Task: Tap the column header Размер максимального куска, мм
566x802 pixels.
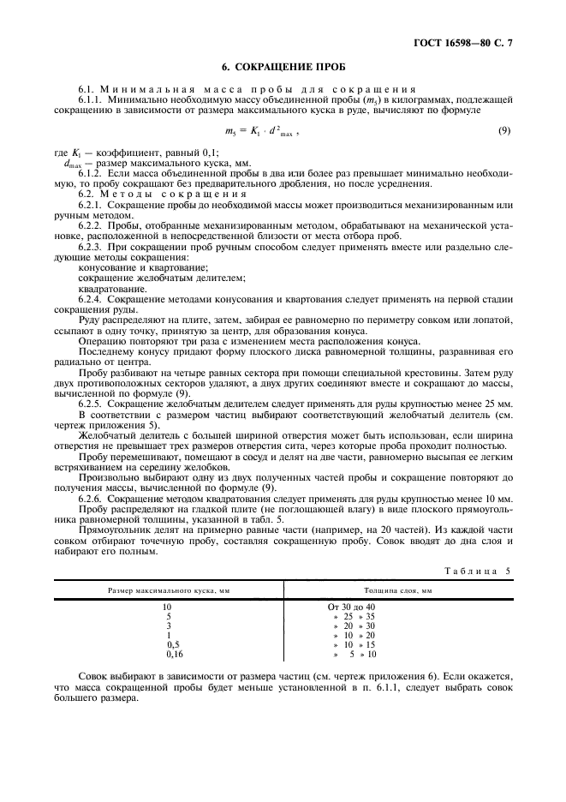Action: [x=168, y=591]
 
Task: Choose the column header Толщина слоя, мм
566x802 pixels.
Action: [x=398, y=591]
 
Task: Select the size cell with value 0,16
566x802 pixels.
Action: [x=168, y=655]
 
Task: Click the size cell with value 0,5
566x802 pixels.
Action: [x=168, y=645]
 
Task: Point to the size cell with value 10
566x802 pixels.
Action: [x=168, y=607]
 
